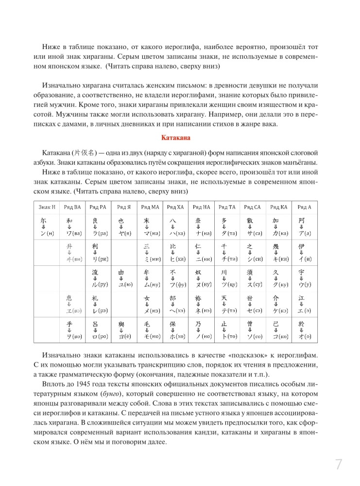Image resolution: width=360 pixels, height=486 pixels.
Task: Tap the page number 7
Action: pos(339,464)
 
